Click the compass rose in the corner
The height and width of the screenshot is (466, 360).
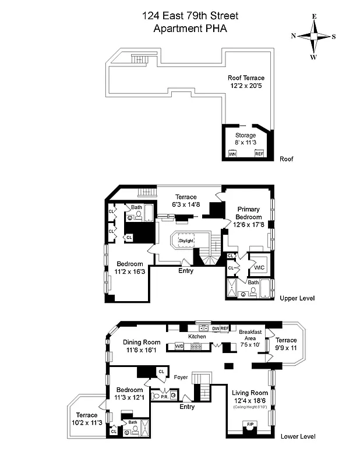click(313, 36)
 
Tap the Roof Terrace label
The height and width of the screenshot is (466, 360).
click(245, 82)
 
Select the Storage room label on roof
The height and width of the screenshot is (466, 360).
click(245, 139)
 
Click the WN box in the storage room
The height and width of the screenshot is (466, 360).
click(232, 154)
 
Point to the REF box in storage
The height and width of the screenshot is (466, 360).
click(259, 154)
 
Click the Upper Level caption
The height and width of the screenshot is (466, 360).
click(297, 298)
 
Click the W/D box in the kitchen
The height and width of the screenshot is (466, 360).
click(179, 347)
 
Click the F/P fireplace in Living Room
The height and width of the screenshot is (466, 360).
click(250, 424)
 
